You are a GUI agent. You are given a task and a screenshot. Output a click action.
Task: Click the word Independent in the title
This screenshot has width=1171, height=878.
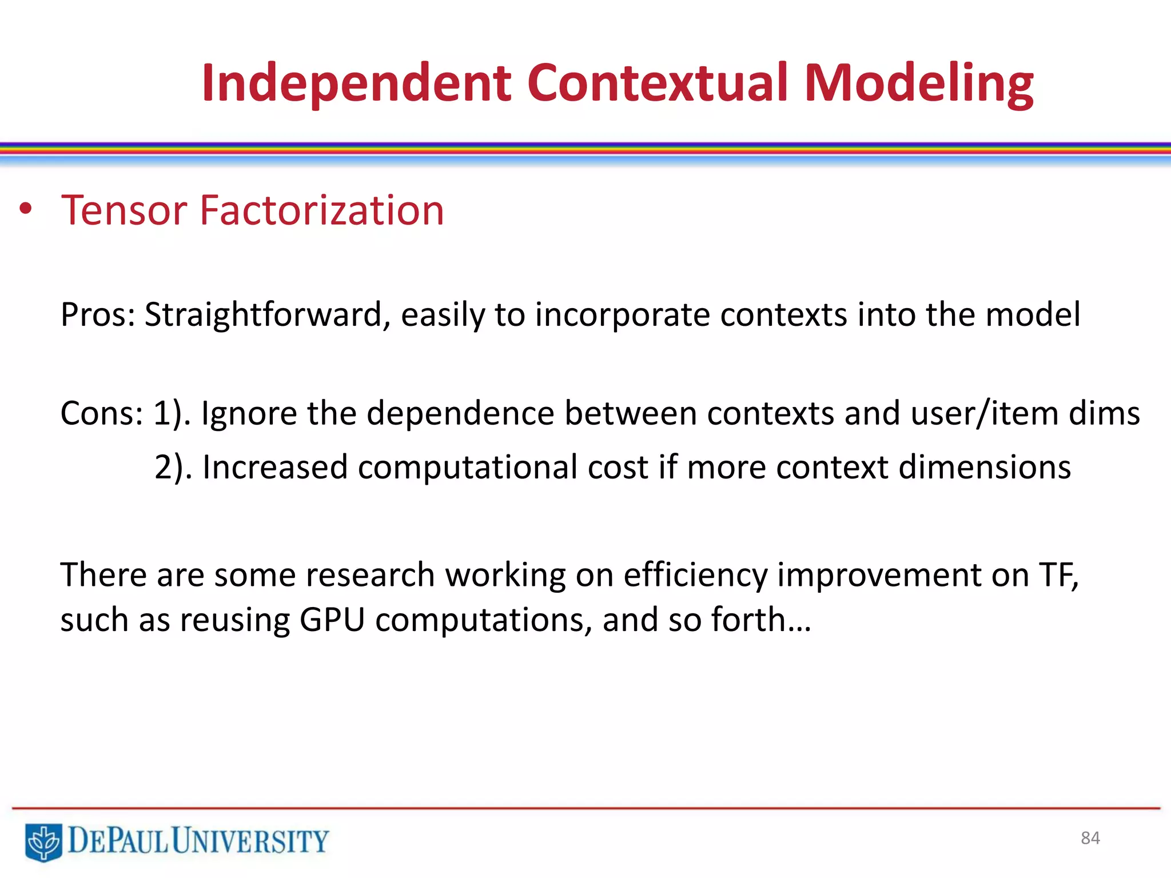[356, 84]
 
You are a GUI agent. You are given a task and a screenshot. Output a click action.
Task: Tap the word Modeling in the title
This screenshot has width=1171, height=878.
[919, 84]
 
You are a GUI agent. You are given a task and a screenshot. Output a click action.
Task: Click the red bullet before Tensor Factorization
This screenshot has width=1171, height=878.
[25, 210]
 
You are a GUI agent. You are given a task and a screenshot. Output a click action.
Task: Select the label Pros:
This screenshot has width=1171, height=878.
[97, 315]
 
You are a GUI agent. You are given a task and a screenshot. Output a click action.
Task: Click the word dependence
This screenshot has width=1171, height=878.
[460, 413]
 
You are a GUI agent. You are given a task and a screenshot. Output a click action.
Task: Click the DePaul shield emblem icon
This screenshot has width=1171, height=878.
[43, 841]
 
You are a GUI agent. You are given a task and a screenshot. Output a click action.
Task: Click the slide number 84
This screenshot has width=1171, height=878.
[1090, 838]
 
